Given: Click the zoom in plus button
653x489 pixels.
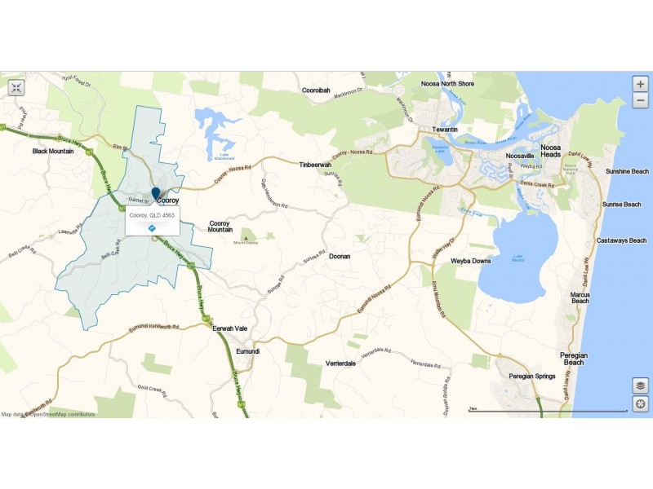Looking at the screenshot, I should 641,84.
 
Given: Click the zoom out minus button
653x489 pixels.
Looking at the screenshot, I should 641,101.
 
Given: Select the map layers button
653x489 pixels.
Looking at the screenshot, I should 641,385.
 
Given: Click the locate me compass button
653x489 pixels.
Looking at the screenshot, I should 641,404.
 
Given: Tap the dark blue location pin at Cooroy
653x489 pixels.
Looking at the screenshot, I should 156,194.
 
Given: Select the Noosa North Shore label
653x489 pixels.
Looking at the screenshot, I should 447,84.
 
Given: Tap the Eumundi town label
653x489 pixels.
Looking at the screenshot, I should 247,351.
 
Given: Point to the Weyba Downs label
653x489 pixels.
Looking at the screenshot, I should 471,262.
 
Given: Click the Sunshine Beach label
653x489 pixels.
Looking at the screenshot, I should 627,172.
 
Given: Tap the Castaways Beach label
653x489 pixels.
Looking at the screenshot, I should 623,240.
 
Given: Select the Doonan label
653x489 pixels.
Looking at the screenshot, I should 340,256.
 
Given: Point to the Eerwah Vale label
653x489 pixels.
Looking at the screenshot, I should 229,328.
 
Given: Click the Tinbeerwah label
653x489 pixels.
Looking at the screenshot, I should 314,164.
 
